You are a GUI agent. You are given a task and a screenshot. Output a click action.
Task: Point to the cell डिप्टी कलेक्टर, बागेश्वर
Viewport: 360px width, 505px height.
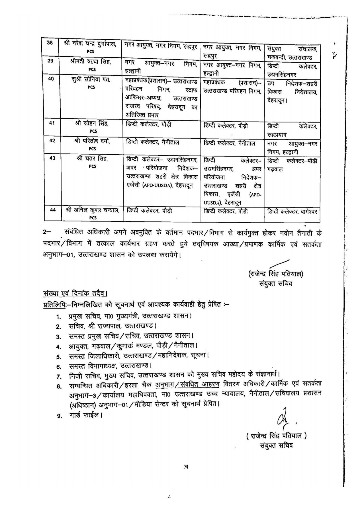point(292,212)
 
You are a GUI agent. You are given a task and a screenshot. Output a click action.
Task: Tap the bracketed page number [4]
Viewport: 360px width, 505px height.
point(186,467)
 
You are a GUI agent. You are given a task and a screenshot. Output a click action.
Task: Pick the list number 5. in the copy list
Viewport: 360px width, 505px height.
point(59,356)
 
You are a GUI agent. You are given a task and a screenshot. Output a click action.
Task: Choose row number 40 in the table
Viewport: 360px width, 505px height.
point(51,79)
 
